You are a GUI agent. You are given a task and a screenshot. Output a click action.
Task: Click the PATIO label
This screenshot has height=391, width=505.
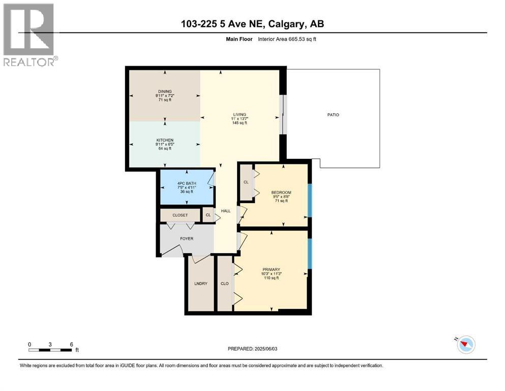coord(333,115)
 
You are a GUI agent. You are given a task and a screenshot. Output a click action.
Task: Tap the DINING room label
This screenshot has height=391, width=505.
coord(165,92)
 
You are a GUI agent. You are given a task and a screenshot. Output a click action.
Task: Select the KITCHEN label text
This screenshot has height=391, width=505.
coord(165,140)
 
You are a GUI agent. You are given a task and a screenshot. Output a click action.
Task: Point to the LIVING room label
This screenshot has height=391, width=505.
coord(240,115)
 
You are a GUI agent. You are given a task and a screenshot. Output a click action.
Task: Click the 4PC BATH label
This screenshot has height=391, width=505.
coord(187,183)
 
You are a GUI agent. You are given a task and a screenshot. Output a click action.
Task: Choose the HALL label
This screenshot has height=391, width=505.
coord(226,211)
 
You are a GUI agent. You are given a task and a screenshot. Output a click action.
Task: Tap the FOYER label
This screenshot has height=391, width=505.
coord(187,239)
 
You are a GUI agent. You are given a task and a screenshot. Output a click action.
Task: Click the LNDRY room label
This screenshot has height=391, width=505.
coord(201,284)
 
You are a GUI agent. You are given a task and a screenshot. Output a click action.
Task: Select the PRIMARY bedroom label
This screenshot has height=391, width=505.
coord(271,269)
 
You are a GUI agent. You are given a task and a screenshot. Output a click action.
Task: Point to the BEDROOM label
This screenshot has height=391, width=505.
coord(281,192)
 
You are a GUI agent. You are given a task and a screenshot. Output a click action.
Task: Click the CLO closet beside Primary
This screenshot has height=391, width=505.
coord(224,284)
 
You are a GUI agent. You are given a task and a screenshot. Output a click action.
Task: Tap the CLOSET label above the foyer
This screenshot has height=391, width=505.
coord(180,215)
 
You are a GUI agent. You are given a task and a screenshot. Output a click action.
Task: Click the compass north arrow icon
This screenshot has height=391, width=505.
coord(466,344)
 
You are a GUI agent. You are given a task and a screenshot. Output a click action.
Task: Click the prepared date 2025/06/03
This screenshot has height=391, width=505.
coord(265,349)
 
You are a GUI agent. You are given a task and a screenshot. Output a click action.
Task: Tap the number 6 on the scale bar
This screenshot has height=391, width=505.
coord(72,344)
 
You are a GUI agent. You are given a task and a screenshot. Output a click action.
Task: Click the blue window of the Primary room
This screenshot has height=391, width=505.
coord(310,254)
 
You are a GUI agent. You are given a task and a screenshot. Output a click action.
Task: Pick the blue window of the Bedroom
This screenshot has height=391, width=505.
coord(310,200)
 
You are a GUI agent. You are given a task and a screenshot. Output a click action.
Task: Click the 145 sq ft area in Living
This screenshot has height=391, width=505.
coord(240,123)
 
